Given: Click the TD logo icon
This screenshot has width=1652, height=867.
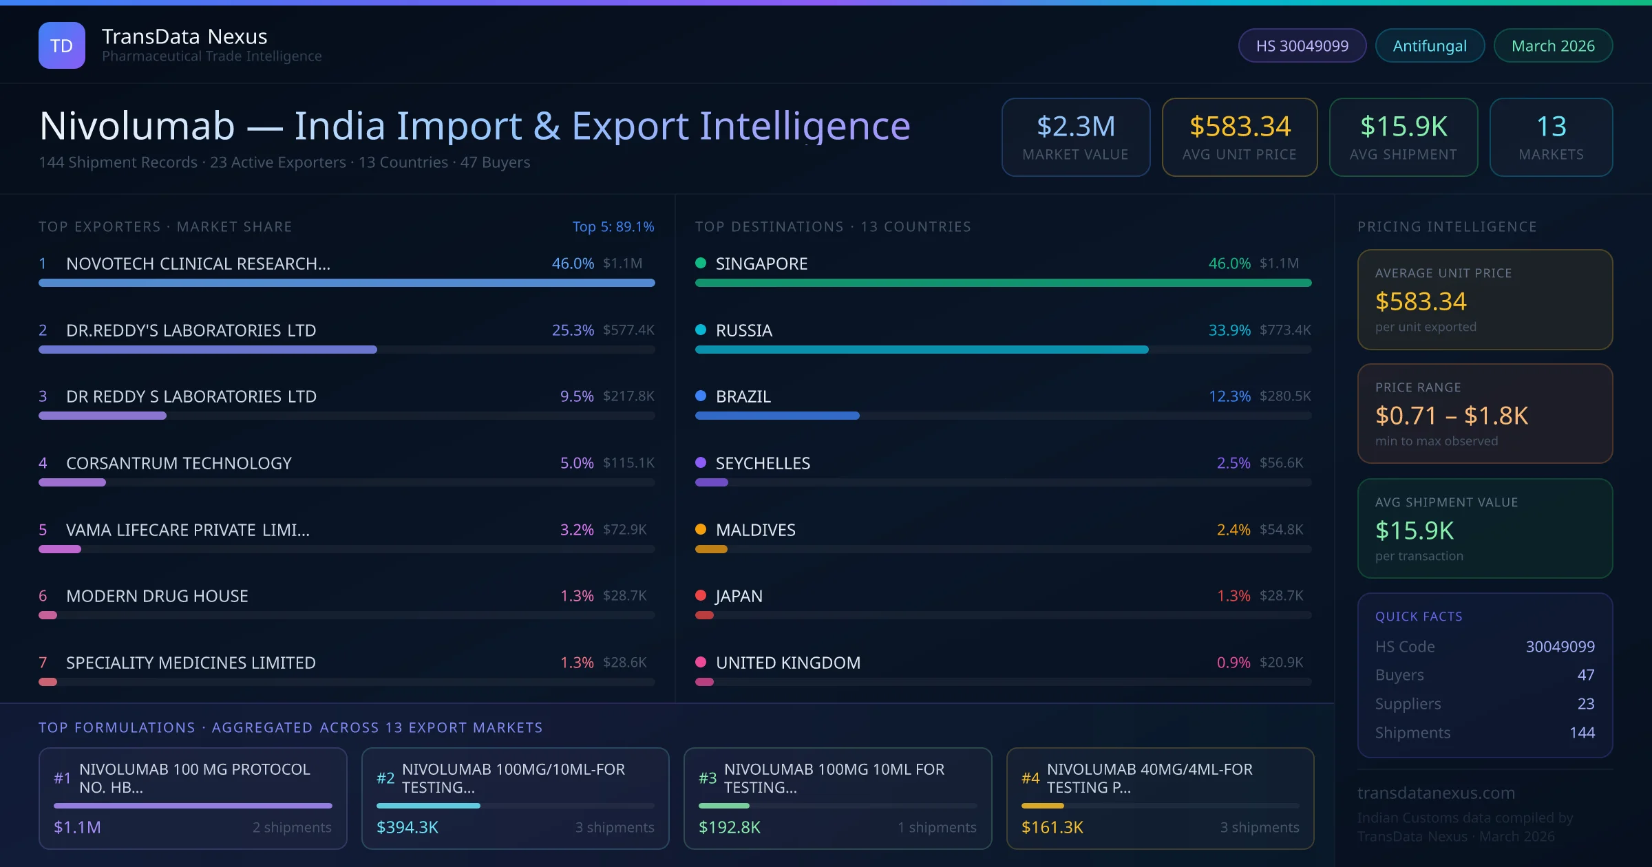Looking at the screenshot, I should [x=61, y=45].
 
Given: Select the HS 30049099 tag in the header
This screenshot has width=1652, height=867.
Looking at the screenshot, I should [x=1302, y=45].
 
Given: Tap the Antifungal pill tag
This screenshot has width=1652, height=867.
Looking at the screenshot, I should [x=1429, y=45].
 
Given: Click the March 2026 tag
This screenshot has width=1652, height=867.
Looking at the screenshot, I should [x=1552, y=45].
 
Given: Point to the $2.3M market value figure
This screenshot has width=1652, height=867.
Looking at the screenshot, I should [x=1075, y=127].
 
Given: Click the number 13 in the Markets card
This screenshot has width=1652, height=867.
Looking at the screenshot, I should [x=1551, y=127].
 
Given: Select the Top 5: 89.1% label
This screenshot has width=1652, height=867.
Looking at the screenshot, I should [x=613, y=226].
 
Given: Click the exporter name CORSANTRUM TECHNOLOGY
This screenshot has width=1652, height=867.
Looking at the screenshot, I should [x=179, y=463].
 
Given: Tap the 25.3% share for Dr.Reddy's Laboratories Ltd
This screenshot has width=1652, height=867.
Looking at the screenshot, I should [x=572, y=330].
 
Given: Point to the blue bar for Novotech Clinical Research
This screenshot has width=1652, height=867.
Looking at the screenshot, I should [x=346, y=283].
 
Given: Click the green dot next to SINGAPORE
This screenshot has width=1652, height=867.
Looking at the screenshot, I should [x=701, y=263].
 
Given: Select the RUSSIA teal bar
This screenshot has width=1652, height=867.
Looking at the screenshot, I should [x=921, y=350].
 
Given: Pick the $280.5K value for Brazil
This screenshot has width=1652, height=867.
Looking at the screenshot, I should [x=1284, y=396].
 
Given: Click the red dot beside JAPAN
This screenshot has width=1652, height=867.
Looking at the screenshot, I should [x=701, y=595].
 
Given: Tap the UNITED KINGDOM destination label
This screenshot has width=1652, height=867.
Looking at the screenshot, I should [x=787, y=663].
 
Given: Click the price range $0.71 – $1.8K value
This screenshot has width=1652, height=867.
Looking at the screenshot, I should [x=1451, y=416].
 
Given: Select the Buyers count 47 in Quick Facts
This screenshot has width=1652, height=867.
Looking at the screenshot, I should [x=1585, y=675].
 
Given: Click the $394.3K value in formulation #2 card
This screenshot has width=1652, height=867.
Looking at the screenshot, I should [x=407, y=827].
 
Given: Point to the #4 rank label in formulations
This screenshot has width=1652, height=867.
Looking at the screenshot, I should [x=1030, y=778].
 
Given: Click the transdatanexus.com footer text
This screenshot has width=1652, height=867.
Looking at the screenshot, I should [x=1436, y=793].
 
